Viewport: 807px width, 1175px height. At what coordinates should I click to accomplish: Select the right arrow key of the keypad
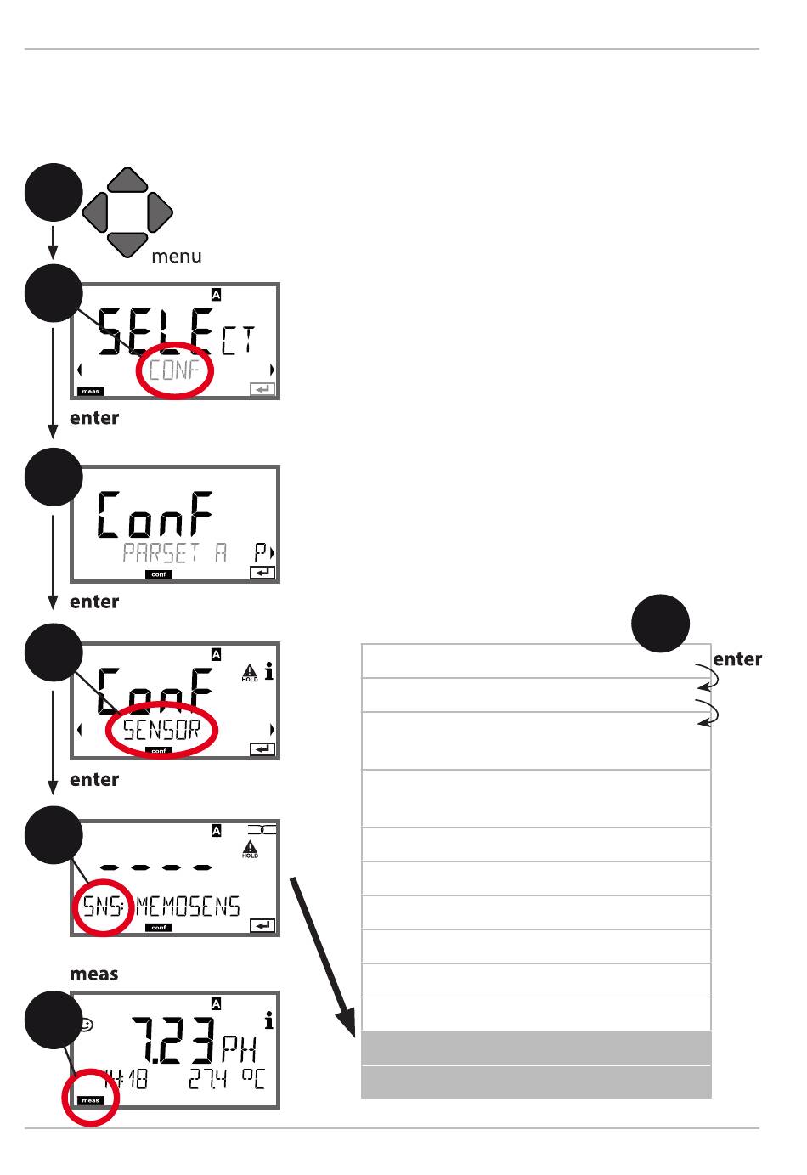[159, 212]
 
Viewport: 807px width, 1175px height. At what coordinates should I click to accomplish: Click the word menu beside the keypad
[177, 257]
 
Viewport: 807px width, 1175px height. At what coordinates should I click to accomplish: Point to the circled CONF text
[174, 370]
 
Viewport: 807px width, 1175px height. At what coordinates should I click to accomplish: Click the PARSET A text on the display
[174, 553]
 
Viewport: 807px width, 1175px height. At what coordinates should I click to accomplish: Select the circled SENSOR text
[161, 730]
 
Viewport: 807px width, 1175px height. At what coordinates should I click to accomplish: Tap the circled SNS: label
[101, 907]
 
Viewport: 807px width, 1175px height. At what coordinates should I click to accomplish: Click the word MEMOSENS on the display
[188, 907]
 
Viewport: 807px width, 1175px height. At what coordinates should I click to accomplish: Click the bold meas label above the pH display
[93, 974]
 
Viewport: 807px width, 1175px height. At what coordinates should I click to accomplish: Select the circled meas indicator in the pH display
[90, 1100]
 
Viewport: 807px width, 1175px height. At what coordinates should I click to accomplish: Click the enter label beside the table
[737, 659]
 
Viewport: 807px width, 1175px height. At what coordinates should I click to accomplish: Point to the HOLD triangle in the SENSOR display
[250, 670]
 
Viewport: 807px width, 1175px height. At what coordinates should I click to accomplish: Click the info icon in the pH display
[269, 1022]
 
